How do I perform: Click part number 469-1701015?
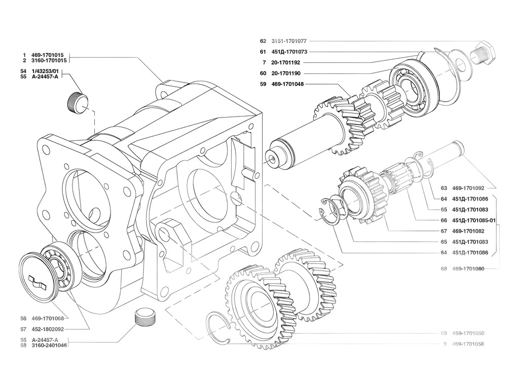tap(50, 55)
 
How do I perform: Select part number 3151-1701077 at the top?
tap(289, 41)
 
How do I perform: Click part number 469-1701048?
tap(288, 84)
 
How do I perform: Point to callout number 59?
tap(263, 84)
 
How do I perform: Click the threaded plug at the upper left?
tap(78, 101)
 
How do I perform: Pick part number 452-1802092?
tap(48, 329)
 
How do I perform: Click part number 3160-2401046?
tap(49, 345)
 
